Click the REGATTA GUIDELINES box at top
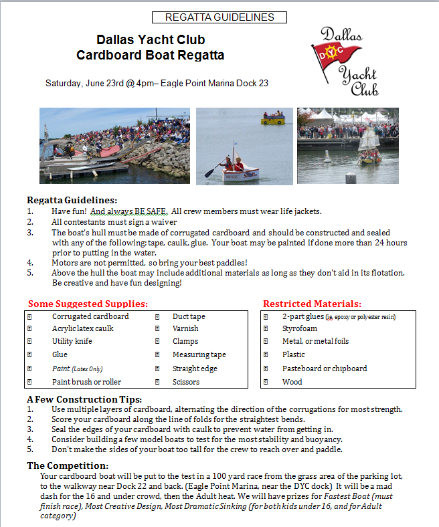[219, 17]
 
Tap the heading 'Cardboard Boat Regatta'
[150, 55]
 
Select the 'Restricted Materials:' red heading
[312, 304]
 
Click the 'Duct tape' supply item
[189, 316]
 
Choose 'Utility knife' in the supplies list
[72, 341]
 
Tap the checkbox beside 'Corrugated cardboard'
[29, 316]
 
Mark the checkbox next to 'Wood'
[266, 382]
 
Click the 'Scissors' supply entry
[186, 382]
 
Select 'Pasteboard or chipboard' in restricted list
[325, 368]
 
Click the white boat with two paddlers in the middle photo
[240, 171]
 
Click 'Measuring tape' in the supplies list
[199, 355]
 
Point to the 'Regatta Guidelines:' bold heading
[72, 200]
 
